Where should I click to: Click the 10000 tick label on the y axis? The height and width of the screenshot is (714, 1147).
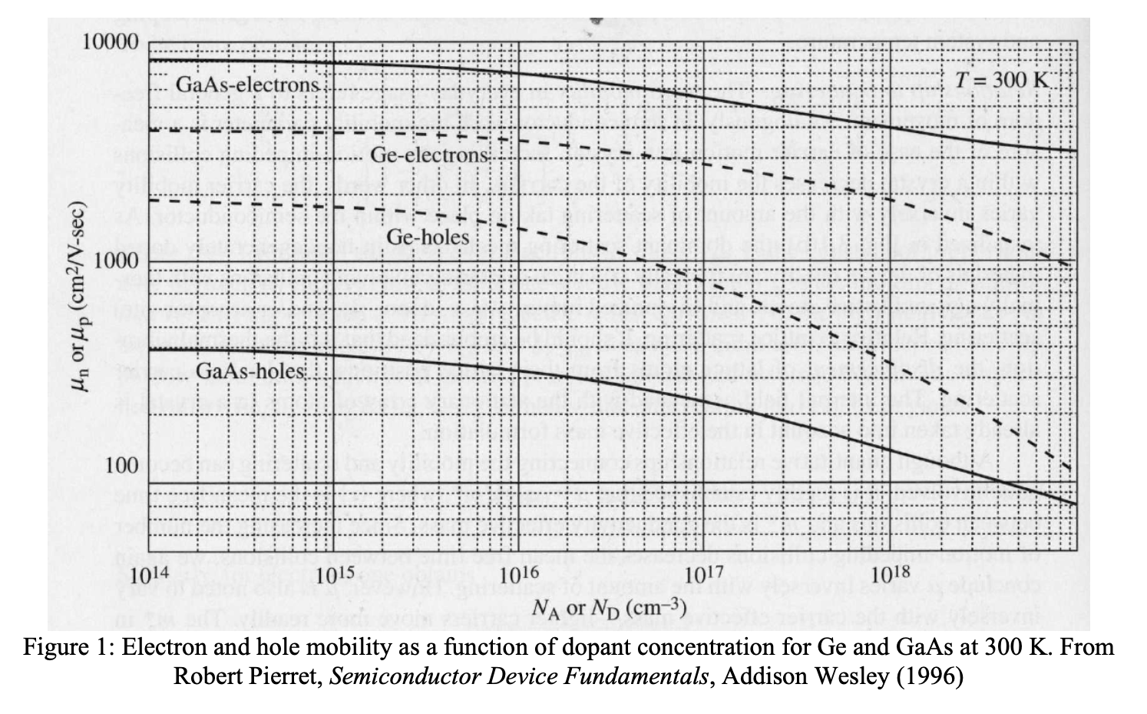tap(111, 42)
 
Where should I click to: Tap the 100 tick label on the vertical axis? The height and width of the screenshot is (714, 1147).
tap(122, 465)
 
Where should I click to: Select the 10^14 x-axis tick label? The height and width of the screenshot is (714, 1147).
tap(149, 576)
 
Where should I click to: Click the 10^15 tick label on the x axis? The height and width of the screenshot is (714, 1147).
tap(335, 576)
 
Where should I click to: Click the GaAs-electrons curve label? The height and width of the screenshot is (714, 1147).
tap(248, 84)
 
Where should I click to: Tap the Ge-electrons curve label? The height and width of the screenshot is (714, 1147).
tap(429, 155)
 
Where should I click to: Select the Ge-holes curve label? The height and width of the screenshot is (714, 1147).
tap(428, 237)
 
